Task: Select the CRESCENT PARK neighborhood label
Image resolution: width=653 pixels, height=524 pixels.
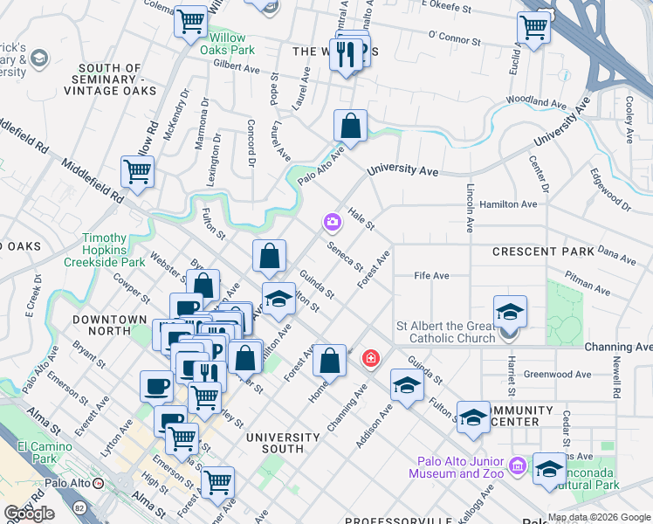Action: point(543,252)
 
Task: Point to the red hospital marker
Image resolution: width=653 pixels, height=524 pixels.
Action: point(371,358)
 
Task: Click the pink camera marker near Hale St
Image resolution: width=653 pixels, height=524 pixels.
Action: point(332,222)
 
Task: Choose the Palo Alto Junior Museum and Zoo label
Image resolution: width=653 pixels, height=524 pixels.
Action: point(458,467)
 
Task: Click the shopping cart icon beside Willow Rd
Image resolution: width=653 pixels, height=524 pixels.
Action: point(138,172)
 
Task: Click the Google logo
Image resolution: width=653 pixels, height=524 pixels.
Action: point(29,514)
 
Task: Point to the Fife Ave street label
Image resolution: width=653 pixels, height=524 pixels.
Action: point(431,276)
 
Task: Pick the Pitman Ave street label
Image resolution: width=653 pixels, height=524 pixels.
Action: point(588,286)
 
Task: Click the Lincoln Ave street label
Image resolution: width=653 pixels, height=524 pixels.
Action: point(470,208)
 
